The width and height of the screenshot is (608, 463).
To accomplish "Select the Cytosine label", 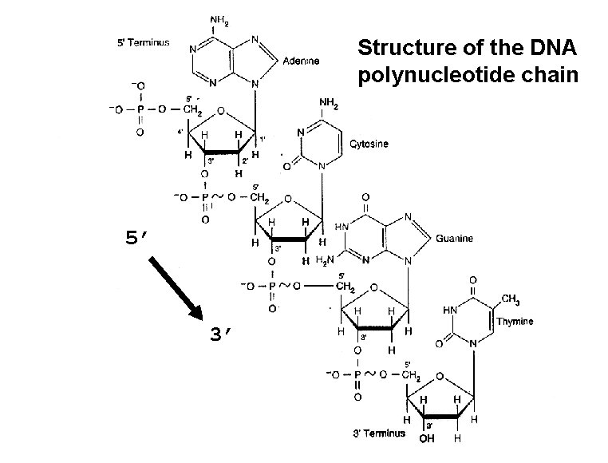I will tap(369, 144).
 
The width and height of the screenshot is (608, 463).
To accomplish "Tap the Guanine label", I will tap(455, 238).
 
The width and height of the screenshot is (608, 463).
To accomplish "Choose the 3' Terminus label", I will tap(378, 433).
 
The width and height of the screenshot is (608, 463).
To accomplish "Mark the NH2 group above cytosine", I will tap(328, 103).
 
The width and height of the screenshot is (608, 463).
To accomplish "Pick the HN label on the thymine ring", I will tap(448, 310).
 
